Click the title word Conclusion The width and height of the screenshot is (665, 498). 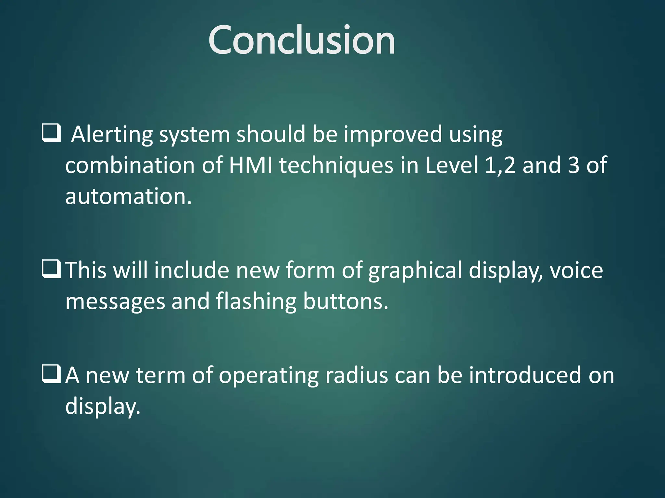point(302,40)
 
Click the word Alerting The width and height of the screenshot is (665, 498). point(112,134)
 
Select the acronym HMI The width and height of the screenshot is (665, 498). point(250,165)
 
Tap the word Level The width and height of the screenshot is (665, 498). point(452,165)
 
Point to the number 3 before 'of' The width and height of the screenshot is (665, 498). point(574,165)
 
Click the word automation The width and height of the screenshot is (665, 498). point(129,196)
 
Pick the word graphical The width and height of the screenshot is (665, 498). point(415,270)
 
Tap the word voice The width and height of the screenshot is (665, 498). point(576,270)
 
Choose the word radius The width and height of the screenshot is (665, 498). point(357,375)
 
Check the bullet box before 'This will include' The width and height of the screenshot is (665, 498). point(51,269)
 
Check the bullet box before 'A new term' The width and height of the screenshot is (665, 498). point(51,374)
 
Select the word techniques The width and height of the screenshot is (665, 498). point(336,165)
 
